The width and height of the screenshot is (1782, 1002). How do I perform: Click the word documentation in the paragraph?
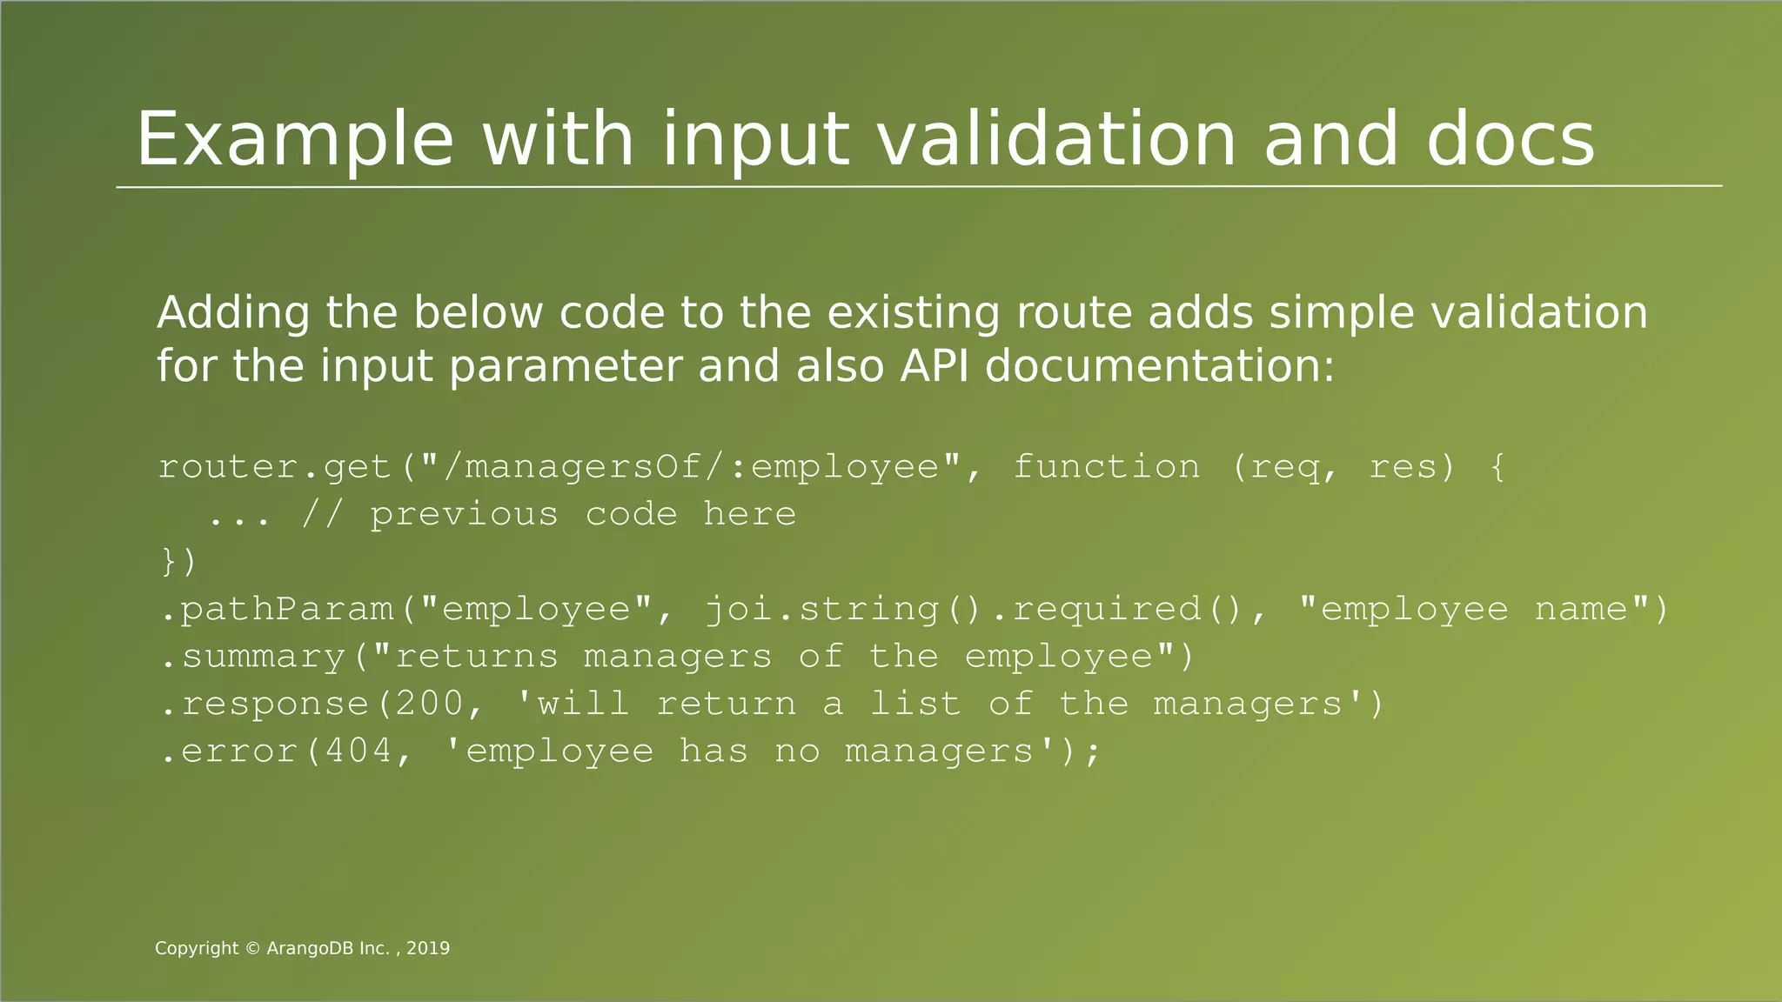(x=1159, y=365)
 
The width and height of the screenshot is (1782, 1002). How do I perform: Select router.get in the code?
(x=275, y=467)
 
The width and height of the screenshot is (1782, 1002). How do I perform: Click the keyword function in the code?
(x=1106, y=467)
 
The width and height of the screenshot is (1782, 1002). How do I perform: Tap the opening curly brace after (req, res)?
(x=1497, y=467)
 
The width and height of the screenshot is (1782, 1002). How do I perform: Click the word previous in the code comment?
(x=464, y=514)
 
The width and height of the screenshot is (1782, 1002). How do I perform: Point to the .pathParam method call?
(x=278, y=609)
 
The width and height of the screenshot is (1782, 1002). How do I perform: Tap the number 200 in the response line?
(x=430, y=703)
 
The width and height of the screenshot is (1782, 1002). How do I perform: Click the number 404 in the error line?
(x=358, y=751)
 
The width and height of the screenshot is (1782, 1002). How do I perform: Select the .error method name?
(x=231, y=751)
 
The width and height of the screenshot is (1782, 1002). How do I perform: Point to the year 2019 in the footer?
(x=428, y=949)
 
